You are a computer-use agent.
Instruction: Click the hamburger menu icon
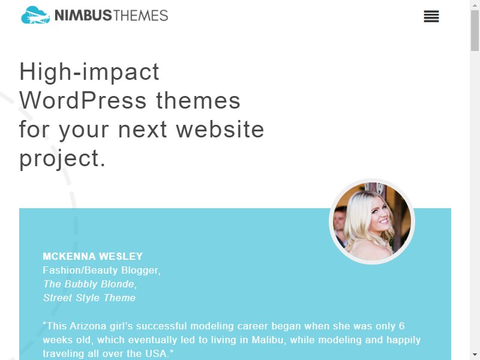(x=431, y=16)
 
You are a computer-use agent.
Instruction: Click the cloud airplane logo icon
(x=35, y=15)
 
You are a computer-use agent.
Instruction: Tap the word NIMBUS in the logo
(x=83, y=16)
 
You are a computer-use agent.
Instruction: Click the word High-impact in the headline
(x=89, y=73)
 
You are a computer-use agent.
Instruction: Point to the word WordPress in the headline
(x=83, y=100)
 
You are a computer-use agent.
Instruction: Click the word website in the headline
(x=220, y=129)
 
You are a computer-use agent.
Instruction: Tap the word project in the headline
(x=59, y=158)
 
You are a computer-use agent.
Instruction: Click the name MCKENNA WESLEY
(x=93, y=256)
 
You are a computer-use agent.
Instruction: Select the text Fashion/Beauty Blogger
(x=101, y=271)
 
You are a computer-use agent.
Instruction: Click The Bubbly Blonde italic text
(x=89, y=284)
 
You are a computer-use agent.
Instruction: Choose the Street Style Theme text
(x=89, y=298)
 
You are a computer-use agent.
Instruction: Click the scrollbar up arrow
(x=475, y=5)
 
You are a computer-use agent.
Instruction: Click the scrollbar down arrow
(x=475, y=355)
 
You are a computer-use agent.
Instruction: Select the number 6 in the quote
(x=401, y=326)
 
